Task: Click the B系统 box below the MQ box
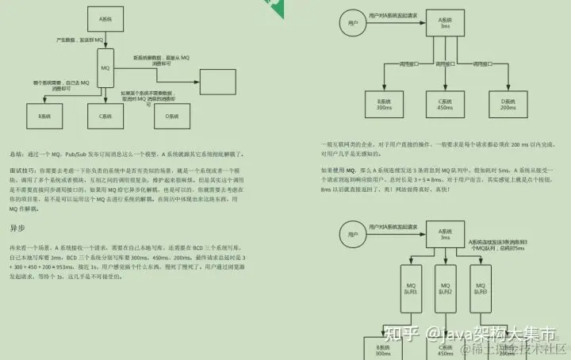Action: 33,116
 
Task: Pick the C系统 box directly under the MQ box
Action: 106,116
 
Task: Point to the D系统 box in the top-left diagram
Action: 171,116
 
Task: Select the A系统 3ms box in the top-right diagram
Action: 444,21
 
